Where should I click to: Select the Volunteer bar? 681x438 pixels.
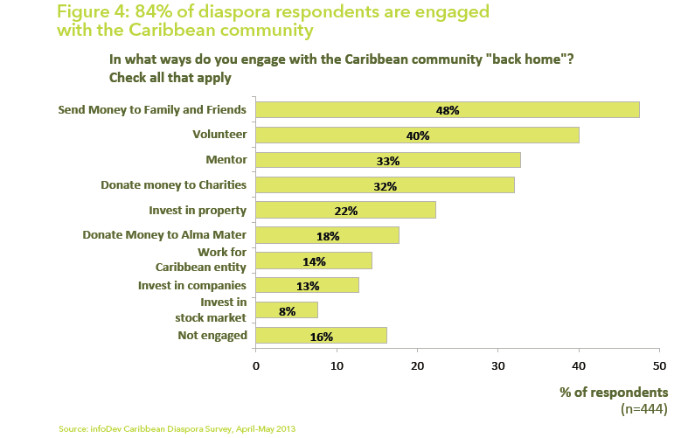tap(417, 136)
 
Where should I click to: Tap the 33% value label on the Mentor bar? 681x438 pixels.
tap(388, 161)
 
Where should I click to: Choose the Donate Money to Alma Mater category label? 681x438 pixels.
tap(164, 235)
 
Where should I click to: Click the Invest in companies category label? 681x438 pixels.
tap(192, 285)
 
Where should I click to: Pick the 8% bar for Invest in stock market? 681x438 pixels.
tap(287, 310)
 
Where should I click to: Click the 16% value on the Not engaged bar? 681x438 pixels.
tap(322, 336)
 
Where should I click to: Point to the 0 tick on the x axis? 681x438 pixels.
tap(256, 366)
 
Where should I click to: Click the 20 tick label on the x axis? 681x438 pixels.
tap(418, 366)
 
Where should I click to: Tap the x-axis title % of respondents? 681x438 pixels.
tap(614, 392)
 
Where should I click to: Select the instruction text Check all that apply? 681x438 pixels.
tap(170, 77)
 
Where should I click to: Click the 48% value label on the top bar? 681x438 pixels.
tap(448, 110)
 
